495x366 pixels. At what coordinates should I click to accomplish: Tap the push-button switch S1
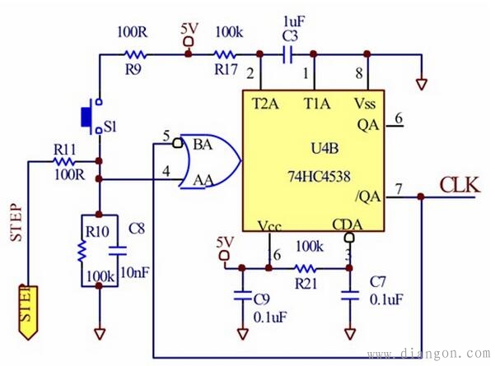click(x=88, y=116)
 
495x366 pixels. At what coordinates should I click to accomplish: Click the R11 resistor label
click(x=65, y=149)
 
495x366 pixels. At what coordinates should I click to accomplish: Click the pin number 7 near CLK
click(x=399, y=189)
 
